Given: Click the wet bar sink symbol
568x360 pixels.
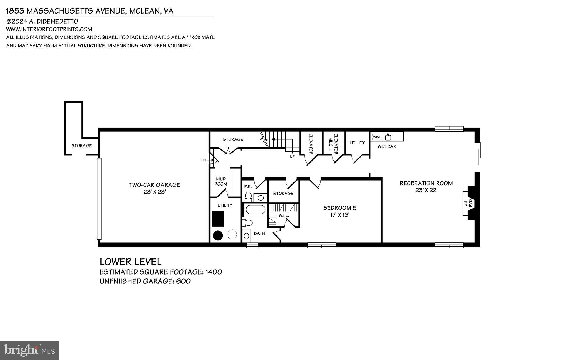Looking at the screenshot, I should (x=388, y=137).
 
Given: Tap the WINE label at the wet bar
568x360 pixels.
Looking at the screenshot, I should (x=377, y=137).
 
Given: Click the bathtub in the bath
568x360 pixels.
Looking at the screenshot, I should (x=255, y=209).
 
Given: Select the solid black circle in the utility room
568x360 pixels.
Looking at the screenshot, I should (x=218, y=235).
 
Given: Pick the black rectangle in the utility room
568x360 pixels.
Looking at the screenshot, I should (x=218, y=219).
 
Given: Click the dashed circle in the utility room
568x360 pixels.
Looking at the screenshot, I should (x=232, y=235).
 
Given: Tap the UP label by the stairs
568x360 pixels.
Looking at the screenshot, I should (x=292, y=156).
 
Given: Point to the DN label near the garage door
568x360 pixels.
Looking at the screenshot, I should (x=204, y=160).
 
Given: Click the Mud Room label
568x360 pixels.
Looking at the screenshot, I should (x=221, y=181).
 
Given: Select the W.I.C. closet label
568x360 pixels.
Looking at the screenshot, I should (x=284, y=215).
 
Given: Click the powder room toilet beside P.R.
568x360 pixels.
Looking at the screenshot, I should (x=248, y=196).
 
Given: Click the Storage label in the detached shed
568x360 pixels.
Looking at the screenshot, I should (x=82, y=146).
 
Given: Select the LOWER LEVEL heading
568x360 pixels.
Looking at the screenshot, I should (x=130, y=262).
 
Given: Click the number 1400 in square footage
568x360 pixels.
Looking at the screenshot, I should (x=214, y=272).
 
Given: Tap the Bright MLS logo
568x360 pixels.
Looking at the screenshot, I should (x=29, y=350).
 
